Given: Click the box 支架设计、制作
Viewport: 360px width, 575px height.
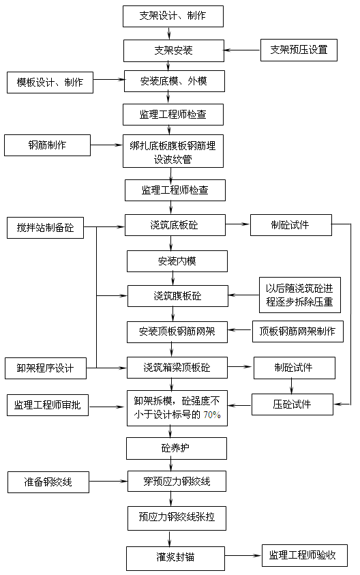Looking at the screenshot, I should click(x=173, y=16).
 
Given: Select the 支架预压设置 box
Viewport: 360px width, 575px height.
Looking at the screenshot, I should click(x=299, y=50).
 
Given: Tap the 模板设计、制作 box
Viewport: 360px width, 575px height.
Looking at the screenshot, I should click(x=50, y=83).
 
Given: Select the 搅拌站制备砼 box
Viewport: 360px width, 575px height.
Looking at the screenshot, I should click(x=45, y=227).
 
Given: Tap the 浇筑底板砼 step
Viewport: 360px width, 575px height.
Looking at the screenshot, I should click(x=175, y=224).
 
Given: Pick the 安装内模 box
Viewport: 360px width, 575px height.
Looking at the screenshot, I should click(x=177, y=261).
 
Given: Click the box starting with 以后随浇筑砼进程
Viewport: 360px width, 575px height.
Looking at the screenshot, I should click(x=299, y=295).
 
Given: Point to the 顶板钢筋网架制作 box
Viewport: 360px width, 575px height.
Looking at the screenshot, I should click(x=297, y=331).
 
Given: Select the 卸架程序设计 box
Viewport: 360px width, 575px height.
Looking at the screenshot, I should click(x=46, y=369).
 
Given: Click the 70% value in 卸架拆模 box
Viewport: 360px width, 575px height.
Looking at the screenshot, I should click(x=211, y=414).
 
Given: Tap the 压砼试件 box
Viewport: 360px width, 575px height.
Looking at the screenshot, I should click(x=292, y=404).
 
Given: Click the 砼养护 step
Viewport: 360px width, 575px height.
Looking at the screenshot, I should click(x=176, y=448).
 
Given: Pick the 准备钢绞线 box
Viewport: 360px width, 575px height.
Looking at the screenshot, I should click(x=48, y=483).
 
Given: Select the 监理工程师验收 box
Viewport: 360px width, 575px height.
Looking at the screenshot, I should click(x=303, y=555).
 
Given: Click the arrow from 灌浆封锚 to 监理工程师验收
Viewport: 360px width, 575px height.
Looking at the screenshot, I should click(x=244, y=555).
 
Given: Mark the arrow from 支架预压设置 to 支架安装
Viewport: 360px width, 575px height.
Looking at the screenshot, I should click(x=242, y=50).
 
